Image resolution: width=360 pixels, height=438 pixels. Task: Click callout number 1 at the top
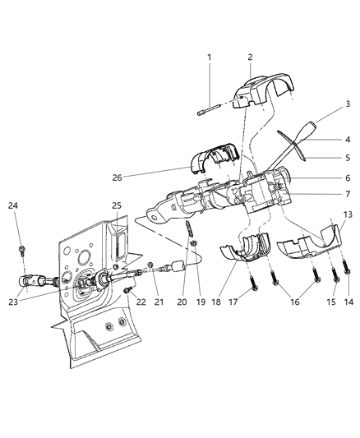209,57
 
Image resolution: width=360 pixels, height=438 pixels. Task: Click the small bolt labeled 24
21,245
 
